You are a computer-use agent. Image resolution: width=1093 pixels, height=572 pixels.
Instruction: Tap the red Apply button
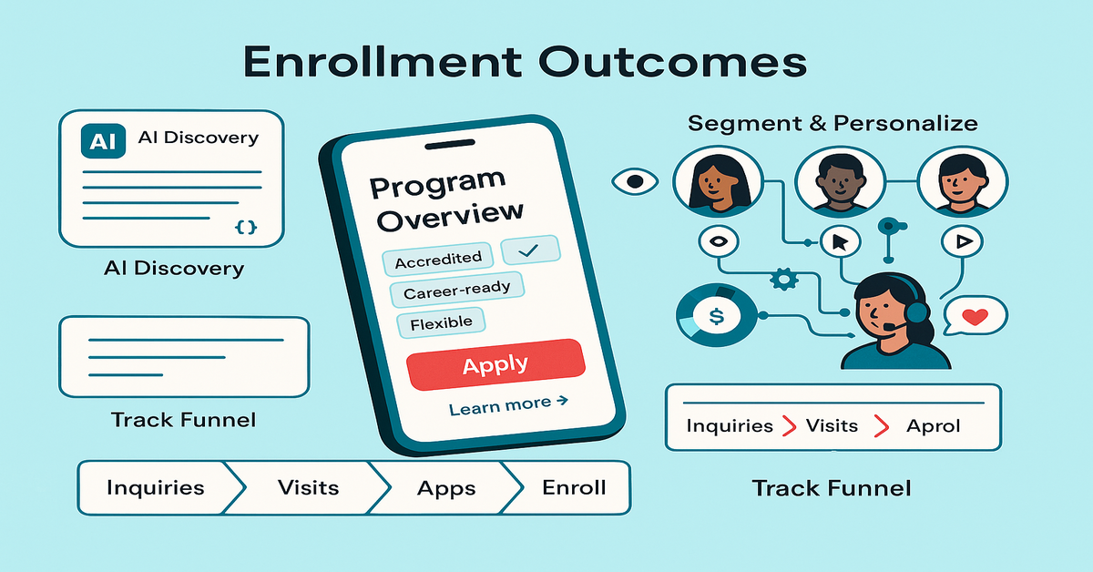click(x=495, y=364)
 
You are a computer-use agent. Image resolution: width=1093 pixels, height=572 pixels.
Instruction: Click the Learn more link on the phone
click(x=508, y=405)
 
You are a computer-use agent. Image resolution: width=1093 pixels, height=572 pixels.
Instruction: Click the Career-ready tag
click(x=456, y=290)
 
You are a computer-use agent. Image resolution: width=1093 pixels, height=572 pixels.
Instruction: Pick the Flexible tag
click(x=441, y=322)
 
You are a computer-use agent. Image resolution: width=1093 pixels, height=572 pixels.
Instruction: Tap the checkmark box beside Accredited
click(x=530, y=250)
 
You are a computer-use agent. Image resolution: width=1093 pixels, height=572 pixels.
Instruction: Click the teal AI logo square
click(x=103, y=141)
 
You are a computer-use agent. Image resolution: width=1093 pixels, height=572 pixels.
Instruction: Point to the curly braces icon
click(x=245, y=228)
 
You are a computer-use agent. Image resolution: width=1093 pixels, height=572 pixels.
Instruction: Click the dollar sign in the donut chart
click(x=716, y=316)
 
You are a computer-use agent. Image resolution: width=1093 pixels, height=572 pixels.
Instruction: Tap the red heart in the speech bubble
click(x=975, y=317)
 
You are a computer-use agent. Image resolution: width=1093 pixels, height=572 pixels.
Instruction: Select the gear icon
click(x=784, y=279)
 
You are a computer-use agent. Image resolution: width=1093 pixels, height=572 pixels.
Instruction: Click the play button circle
click(x=962, y=241)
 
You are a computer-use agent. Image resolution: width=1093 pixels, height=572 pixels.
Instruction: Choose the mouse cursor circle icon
click(x=840, y=241)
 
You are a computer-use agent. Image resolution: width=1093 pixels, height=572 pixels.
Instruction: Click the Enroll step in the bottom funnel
click(x=574, y=487)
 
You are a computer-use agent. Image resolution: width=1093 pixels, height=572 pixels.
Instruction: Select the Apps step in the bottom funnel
click(x=446, y=488)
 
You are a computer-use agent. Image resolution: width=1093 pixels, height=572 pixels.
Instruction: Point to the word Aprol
click(x=933, y=426)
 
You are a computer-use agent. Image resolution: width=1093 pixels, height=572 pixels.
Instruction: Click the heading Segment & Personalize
click(x=833, y=123)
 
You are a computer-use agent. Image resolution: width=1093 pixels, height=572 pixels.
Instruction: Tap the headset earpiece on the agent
click(x=917, y=312)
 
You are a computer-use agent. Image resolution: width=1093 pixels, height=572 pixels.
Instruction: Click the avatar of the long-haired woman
click(x=718, y=181)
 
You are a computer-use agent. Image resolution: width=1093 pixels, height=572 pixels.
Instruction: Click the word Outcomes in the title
click(x=672, y=63)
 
